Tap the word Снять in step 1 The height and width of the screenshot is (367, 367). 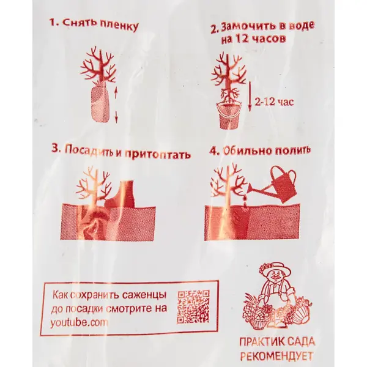click(x=78, y=23)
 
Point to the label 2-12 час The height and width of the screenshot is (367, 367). click(x=274, y=102)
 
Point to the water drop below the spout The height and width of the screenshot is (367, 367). click(x=245, y=199)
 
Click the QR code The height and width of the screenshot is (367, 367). click(x=193, y=306)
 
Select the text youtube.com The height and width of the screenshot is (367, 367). click(x=79, y=323)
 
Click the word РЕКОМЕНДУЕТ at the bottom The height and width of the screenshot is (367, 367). click(x=277, y=356)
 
